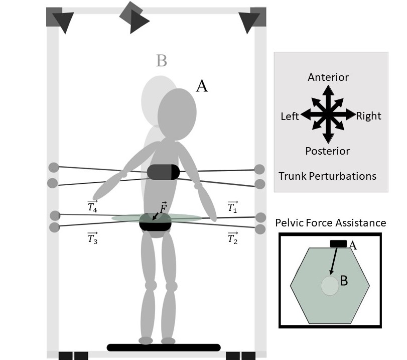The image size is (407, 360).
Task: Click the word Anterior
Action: [328, 77]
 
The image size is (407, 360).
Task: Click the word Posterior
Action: [328, 151]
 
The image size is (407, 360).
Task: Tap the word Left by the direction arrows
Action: [290, 116]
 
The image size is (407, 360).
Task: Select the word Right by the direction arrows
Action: [369, 116]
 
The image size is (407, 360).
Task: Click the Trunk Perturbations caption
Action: [327, 176]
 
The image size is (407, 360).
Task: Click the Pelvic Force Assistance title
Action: [331, 223]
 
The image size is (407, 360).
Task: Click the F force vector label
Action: [163, 207]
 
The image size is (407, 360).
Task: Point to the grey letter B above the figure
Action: [161, 61]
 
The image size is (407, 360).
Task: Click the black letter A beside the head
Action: [201, 86]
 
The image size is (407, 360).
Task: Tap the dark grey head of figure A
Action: [177, 114]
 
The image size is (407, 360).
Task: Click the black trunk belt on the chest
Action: [163, 172]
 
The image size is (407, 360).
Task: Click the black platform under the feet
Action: [164, 347]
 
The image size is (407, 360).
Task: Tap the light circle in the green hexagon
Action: [330, 285]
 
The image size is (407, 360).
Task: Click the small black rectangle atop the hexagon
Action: [338, 244]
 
